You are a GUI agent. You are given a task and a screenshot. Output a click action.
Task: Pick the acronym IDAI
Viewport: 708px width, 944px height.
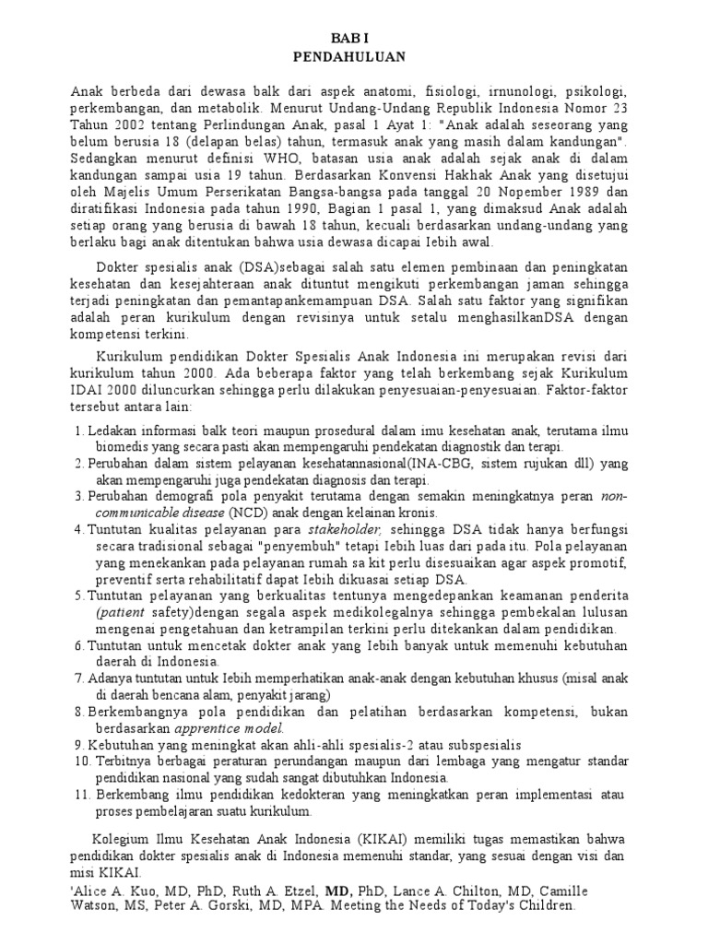88,391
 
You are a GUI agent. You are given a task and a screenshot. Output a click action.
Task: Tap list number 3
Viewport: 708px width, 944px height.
77,496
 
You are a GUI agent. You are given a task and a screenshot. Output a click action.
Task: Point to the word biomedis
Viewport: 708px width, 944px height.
116,446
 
